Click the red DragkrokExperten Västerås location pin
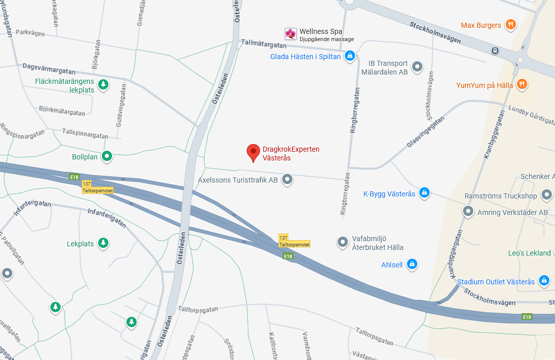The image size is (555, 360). pos(253,152)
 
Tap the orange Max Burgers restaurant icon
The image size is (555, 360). pos(510,25)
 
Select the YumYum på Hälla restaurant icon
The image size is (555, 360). pos(522,85)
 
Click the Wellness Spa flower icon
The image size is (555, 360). pos(291,34)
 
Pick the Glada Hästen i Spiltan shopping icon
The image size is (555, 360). pos(350,56)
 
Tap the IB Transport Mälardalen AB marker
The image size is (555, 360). pos(417,66)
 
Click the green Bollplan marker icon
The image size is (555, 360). pos(107,156)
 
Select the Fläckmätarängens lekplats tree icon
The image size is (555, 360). pos(103,84)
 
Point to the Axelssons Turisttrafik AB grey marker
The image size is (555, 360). pos(287,179)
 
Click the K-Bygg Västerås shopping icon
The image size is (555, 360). pos(424,193)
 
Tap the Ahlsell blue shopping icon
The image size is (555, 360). pos(412,264)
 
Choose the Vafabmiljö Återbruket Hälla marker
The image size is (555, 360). pos(343,242)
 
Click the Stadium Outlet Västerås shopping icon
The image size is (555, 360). pos(544,281)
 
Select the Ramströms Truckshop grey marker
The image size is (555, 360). pos(547,195)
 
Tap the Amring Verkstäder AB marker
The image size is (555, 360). pos(468,211)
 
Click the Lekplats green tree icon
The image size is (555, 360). pos(103,243)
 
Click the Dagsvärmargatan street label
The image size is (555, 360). pos(49,69)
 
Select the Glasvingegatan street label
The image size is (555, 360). pos(425,131)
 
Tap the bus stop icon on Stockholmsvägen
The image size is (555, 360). pos(495,50)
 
